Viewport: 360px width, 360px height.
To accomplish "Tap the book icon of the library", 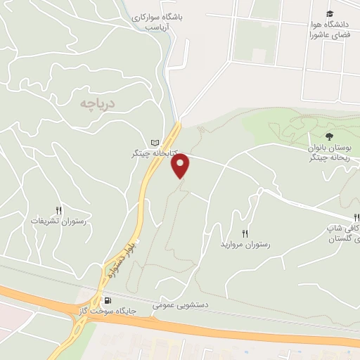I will pyautogui.click(x=155, y=141).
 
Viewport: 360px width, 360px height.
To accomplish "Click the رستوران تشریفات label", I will pyautogui.click(x=58, y=221).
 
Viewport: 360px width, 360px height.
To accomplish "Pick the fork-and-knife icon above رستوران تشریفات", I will pyautogui.click(x=58, y=210).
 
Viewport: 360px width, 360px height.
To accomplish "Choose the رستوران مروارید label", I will pyautogui.click(x=245, y=243).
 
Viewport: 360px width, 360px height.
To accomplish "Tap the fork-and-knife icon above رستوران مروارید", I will pyautogui.click(x=245, y=233).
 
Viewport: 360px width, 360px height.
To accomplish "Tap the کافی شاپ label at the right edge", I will pyautogui.click(x=342, y=229).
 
